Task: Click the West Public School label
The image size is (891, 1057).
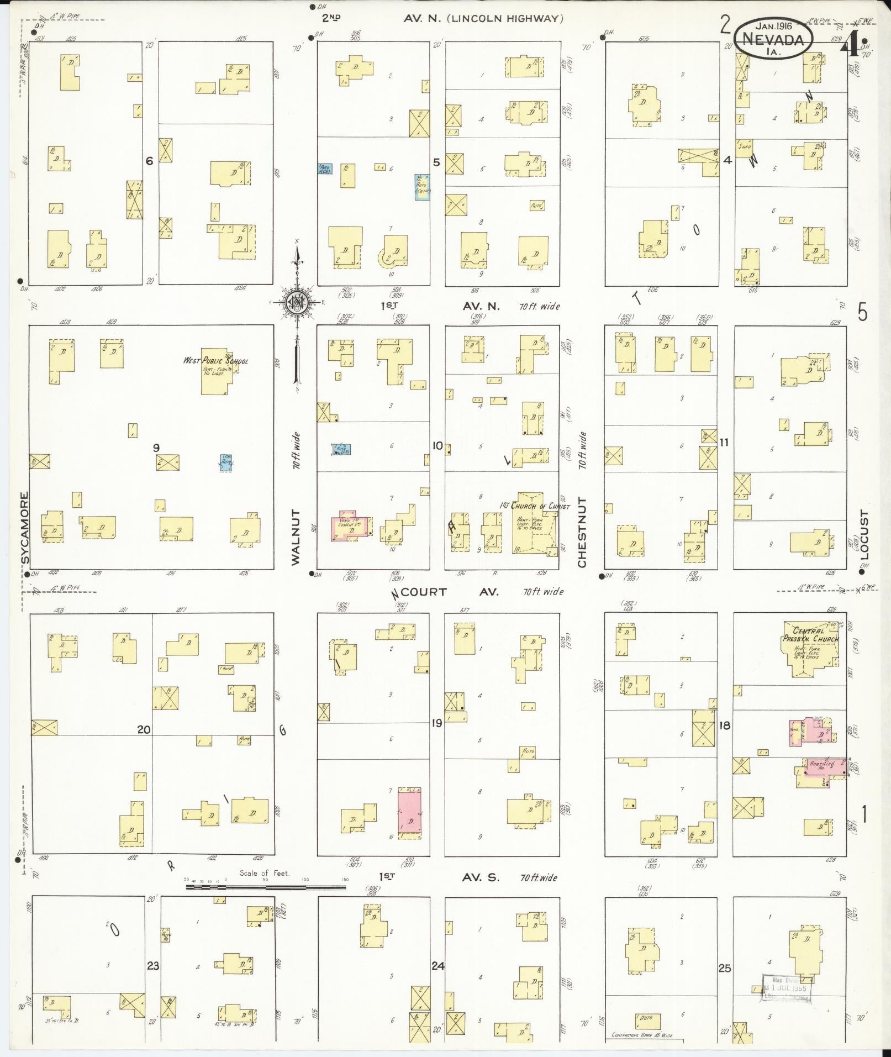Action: (215, 361)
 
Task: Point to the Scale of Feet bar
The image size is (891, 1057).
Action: (266, 887)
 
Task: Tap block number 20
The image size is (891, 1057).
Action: (144, 729)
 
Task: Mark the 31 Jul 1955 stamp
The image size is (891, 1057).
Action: (784, 988)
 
